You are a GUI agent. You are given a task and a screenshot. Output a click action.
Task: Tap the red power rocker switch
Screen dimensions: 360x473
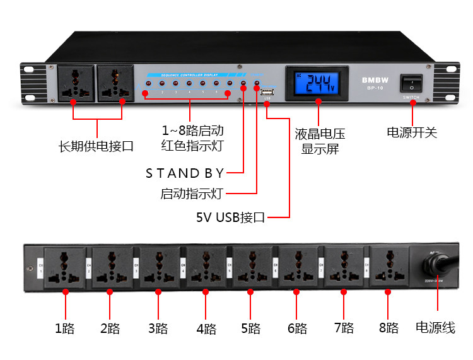412,84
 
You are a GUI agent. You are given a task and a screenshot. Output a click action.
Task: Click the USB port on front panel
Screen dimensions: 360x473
267,91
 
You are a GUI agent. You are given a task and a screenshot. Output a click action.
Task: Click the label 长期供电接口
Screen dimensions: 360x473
96,147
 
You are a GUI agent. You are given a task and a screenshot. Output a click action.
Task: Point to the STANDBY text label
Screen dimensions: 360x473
185,172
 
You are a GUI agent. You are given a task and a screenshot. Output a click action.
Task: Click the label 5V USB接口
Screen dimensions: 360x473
231,218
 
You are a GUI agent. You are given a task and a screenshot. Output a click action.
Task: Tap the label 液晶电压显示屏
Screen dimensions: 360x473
320,141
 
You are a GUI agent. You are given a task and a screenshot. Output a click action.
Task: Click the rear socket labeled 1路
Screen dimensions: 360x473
65,267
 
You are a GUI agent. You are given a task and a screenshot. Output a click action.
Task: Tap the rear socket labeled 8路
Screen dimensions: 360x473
388,266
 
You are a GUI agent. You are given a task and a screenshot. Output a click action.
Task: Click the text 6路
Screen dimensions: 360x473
297,328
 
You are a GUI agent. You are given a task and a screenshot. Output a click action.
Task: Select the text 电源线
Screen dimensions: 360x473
435,328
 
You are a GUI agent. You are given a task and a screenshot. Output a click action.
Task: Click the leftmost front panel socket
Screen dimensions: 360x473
75,83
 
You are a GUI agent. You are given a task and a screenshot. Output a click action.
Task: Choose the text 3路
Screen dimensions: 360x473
158,328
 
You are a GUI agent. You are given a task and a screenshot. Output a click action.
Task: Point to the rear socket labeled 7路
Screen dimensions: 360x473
343,267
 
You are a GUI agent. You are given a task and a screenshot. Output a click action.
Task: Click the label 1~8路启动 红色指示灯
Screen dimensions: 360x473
192,138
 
